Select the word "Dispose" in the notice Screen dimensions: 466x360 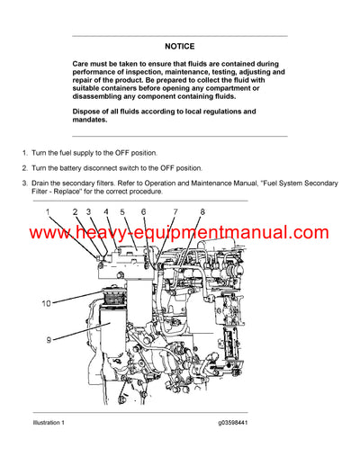pos(91,112)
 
